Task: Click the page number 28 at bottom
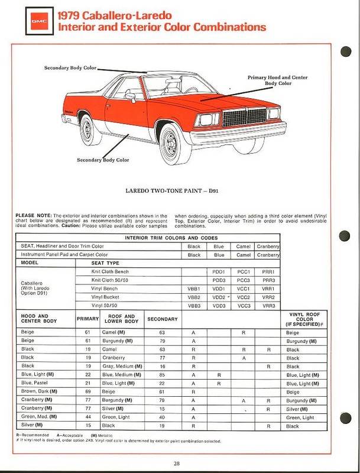(177, 463)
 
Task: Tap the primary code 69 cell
(83, 391)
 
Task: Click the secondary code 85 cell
(161, 374)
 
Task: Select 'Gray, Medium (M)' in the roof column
(122, 366)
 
